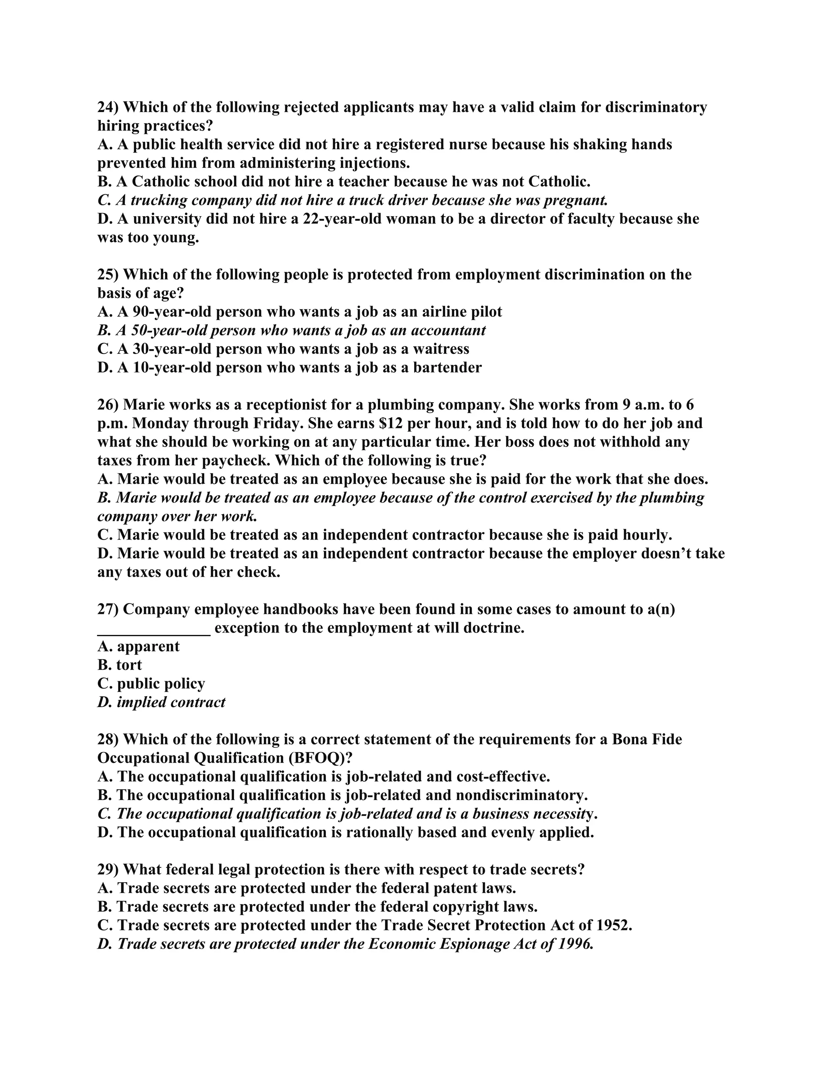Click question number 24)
(x=108, y=107)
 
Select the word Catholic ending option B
(x=559, y=182)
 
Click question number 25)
(x=108, y=275)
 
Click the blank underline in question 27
(x=154, y=630)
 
